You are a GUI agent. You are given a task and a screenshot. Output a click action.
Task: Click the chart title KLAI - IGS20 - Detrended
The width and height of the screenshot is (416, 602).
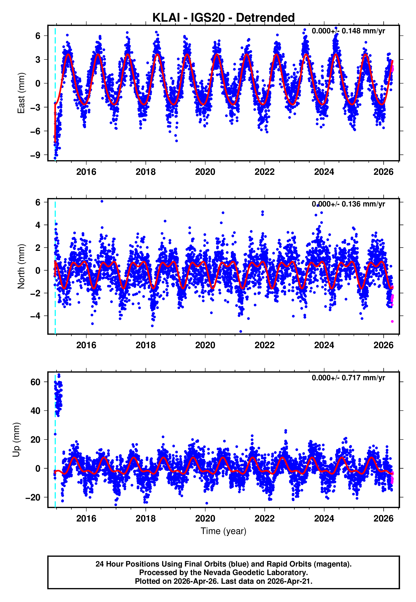(223, 18)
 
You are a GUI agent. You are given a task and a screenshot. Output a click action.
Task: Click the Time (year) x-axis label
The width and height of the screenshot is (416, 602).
(223, 531)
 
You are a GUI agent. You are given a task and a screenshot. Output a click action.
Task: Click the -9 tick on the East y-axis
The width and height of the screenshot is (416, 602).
(35, 155)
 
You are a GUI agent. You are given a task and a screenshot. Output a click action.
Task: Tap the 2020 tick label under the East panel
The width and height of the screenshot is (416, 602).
(205, 172)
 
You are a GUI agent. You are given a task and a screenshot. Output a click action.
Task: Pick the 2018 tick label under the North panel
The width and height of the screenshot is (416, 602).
(145, 345)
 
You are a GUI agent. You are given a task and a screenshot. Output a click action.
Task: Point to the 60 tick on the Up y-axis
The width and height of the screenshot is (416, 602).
(35, 382)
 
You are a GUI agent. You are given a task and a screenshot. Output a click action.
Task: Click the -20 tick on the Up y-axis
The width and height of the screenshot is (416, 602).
(33, 497)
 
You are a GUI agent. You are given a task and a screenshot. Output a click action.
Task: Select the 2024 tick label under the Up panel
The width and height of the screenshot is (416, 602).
(324, 518)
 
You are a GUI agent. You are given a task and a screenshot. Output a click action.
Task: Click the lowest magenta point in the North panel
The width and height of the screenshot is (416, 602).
(392, 321)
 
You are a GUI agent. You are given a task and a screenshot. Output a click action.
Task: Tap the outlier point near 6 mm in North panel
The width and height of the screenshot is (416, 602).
(102, 201)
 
